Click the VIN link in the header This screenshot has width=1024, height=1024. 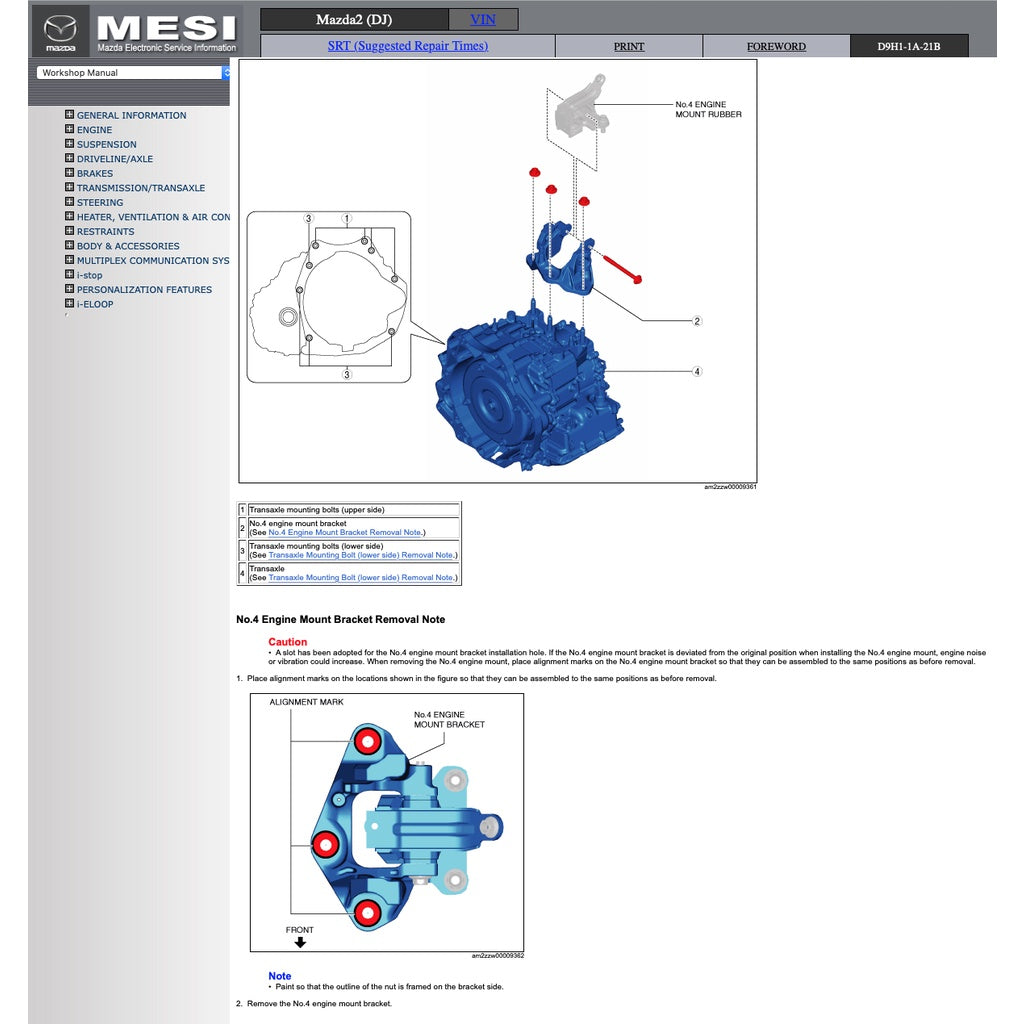(483, 19)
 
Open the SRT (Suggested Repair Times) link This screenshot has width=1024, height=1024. (408, 46)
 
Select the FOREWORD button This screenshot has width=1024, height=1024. (776, 46)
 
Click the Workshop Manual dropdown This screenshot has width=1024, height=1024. (133, 73)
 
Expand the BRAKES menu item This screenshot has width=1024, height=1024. (95, 173)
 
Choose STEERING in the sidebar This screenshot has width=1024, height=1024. (100, 202)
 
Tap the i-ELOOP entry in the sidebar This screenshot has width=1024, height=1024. (95, 304)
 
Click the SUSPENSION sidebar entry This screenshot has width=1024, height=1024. (106, 144)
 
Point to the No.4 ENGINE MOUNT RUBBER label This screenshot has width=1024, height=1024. (708, 109)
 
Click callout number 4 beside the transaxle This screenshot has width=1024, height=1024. (697, 372)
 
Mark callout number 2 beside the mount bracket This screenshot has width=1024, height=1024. (697, 321)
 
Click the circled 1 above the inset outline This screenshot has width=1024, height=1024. (346, 218)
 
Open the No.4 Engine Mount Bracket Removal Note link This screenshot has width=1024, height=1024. (345, 533)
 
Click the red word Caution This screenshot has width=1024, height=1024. (288, 642)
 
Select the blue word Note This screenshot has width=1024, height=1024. (280, 976)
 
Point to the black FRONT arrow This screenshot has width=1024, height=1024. (300, 942)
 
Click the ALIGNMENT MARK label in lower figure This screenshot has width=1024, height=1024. (306, 702)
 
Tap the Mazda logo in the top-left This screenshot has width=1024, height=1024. (60, 31)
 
